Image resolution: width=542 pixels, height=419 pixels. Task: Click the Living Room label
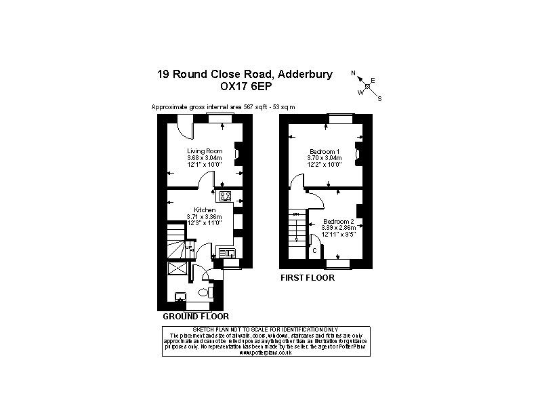click(x=205, y=151)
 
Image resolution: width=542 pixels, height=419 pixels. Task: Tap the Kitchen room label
click(x=205, y=210)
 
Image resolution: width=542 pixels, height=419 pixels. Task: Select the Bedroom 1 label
click(x=325, y=151)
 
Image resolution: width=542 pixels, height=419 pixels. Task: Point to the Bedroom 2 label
click(x=339, y=222)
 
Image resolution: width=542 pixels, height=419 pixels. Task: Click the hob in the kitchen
click(x=225, y=197)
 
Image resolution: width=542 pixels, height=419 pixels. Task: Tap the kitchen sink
click(x=227, y=254)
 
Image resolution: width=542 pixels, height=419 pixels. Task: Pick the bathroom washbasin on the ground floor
click(x=181, y=296)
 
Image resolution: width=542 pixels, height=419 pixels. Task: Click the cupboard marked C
click(x=314, y=250)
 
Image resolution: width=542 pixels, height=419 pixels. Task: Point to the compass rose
click(x=367, y=86)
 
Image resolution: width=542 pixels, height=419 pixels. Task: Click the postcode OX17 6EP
click(x=245, y=87)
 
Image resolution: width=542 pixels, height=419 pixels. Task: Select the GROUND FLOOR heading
click(x=196, y=317)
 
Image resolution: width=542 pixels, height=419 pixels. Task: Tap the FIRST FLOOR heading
click(x=308, y=278)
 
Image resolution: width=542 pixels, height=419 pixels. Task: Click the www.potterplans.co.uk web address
click(x=265, y=353)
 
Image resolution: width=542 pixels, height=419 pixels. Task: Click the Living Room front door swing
click(x=185, y=125)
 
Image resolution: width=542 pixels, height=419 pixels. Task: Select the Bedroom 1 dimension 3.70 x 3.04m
click(x=325, y=158)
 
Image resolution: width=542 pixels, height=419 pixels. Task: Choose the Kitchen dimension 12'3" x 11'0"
click(x=205, y=222)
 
